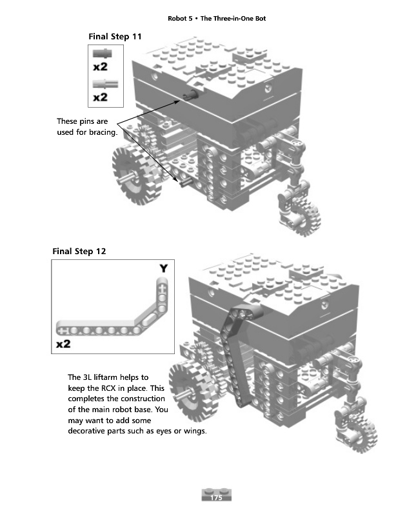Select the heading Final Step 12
coord(79,251)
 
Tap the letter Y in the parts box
coord(164,268)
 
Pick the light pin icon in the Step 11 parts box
coord(101,83)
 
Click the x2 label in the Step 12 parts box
coord(64,344)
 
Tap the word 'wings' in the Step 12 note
coord(193,431)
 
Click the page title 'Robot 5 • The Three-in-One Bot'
coord(217,18)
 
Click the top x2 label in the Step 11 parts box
coord(101,66)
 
